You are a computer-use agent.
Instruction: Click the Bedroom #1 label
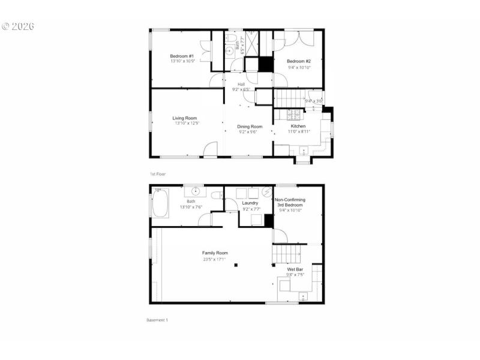(x=181, y=56)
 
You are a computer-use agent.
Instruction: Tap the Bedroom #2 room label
(x=298, y=61)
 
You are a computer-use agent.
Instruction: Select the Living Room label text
(x=185, y=118)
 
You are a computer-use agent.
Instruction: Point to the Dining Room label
(x=250, y=127)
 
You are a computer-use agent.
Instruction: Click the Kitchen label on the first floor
(x=298, y=127)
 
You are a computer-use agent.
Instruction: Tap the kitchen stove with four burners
(x=295, y=114)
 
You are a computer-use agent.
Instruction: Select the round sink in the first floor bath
(x=229, y=52)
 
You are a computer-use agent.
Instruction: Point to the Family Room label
(x=215, y=253)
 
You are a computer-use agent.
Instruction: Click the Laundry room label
(x=250, y=203)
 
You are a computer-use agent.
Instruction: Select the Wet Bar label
(x=295, y=269)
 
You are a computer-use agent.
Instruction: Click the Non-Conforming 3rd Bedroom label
(x=290, y=202)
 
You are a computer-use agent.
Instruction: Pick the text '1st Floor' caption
(x=158, y=173)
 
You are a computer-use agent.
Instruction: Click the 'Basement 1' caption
(x=157, y=320)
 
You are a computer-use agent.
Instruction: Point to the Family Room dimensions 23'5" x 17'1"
(x=214, y=259)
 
